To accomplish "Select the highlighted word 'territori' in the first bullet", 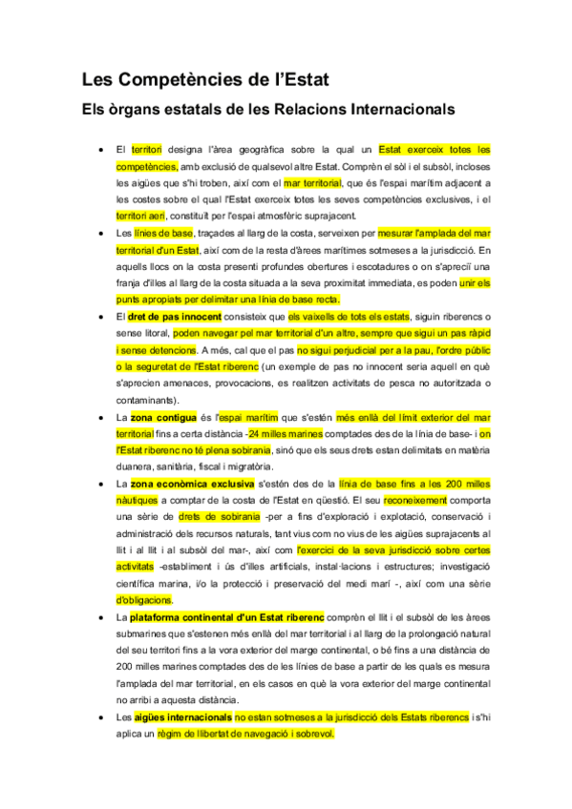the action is click(147, 150).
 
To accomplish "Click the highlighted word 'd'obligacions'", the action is click(144, 600).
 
